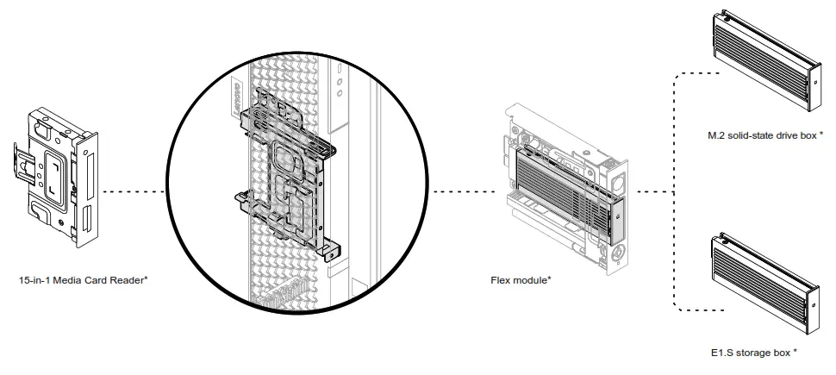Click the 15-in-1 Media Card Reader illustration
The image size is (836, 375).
[56, 177]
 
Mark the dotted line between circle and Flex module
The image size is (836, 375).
[461, 190]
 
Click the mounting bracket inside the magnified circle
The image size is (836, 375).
[284, 181]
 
